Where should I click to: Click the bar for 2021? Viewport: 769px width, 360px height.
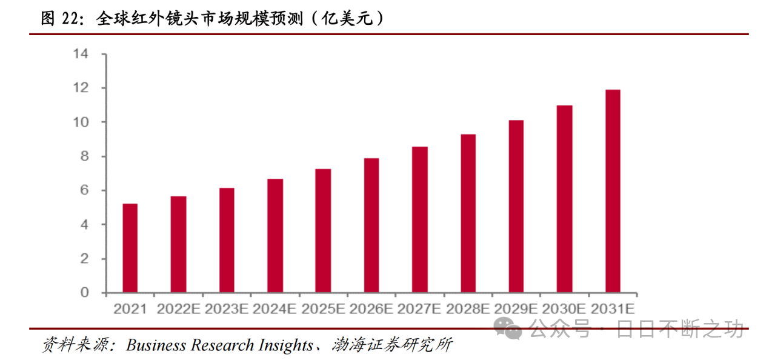[x=130, y=248]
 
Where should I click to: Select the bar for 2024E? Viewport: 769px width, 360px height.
[x=275, y=236]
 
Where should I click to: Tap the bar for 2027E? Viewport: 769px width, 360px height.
[x=420, y=219]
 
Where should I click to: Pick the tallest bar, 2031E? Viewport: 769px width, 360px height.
[x=613, y=191]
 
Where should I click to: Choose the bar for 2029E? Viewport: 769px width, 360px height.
[x=516, y=207]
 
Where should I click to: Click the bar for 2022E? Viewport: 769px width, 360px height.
[x=178, y=244]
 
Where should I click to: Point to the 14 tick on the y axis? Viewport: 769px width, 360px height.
[x=81, y=54]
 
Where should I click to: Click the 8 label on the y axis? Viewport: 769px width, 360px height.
[x=84, y=156]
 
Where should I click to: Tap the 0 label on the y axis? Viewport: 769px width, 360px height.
[x=84, y=293]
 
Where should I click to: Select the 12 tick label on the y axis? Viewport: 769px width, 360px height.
[x=81, y=88]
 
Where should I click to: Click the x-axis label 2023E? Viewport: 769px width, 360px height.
[x=227, y=308]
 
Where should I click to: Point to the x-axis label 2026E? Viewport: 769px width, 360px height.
[x=371, y=308]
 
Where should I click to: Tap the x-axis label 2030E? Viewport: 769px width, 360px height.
[x=564, y=308]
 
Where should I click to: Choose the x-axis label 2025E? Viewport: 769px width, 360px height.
[x=323, y=308]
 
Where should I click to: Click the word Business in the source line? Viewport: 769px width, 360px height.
[x=156, y=345]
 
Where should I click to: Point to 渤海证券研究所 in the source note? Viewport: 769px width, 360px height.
[x=392, y=345]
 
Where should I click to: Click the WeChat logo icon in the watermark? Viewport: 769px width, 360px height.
[x=507, y=328]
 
